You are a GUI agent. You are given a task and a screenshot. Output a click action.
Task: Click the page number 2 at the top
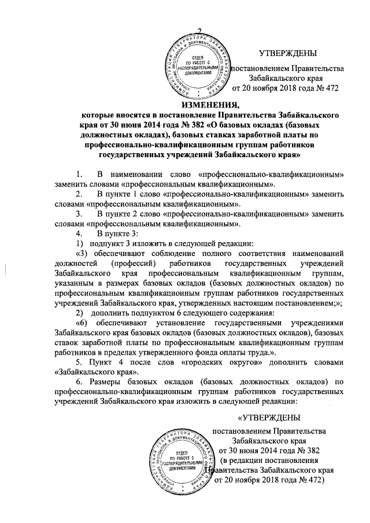click(200, 31)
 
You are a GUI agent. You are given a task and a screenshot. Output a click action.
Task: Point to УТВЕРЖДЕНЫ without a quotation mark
click(287, 54)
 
